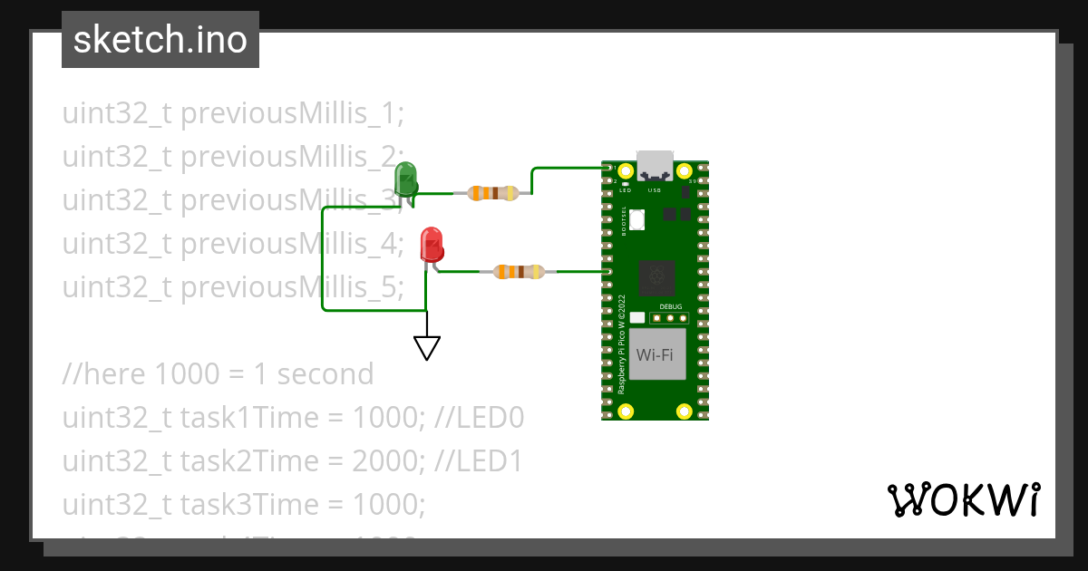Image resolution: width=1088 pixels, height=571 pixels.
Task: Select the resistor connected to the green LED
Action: pyautogui.click(x=492, y=193)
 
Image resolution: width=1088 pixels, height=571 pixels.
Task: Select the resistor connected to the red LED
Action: pyautogui.click(x=519, y=271)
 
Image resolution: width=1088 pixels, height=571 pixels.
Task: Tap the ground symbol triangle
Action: pyautogui.click(x=427, y=347)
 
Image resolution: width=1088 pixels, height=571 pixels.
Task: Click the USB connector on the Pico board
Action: pyautogui.click(x=655, y=166)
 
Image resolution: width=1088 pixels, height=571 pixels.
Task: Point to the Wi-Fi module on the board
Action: pyautogui.click(x=655, y=354)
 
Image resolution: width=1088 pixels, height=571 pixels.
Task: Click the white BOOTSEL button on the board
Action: pyautogui.click(x=637, y=218)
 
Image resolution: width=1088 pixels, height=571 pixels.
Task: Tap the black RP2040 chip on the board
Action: pyautogui.click(x=656, y=277)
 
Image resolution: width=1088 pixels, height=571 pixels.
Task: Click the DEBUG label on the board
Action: pyautogui.click(x=671, y=307)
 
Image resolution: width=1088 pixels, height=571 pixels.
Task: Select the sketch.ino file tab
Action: pyautogui.click(x=160, y=40)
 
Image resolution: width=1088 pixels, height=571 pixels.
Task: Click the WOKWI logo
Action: pyautogui.click(x=962, y=499)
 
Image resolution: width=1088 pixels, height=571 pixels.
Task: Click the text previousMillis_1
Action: pyautogui.click(x=291, y=114)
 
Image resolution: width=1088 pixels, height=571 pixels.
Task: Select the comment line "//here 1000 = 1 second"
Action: pyautogui.click(x=218, y=374)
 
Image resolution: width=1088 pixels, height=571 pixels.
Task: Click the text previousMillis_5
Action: pyautogui.click(x=291, y=287)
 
